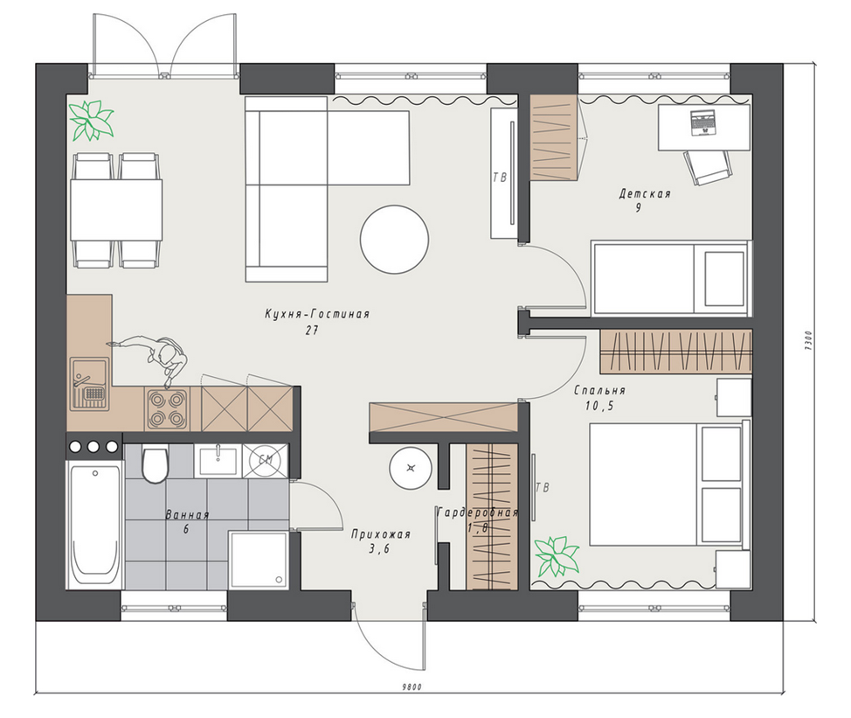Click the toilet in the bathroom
(156, 464)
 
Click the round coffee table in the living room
(395, 239)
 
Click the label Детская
(645, 194)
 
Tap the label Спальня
(599, 390)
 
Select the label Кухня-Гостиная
(317, 314)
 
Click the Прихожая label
(380, 533)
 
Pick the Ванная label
(187, 514)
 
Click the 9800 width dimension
(412, 687)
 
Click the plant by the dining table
(91, 120)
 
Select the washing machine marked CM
(266, 461)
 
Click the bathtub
(94, 525)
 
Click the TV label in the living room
(500, 177)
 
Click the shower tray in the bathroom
(259, 560)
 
